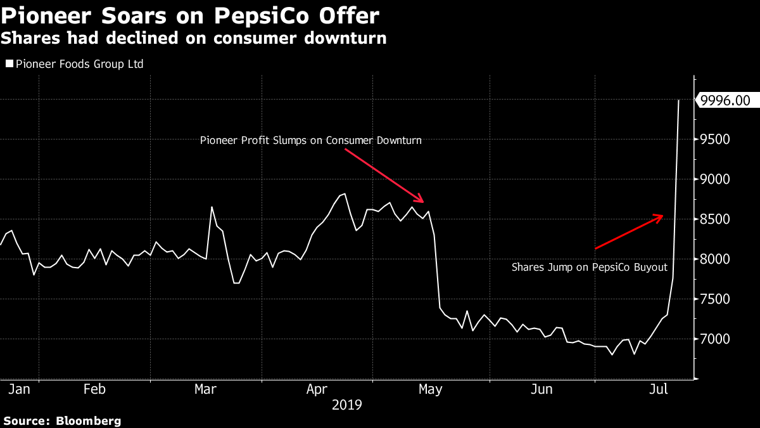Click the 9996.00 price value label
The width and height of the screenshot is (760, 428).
coord(726,100)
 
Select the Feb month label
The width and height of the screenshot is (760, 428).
coord(94,389)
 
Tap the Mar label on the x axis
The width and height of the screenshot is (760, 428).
coord(206,389)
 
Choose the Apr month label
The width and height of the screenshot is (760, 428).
coord(317,389)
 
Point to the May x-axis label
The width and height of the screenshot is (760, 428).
coord(430,389)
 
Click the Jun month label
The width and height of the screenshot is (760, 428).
coord(542,389)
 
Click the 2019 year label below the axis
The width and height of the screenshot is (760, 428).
coord(347,404)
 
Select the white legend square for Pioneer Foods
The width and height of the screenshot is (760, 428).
coord(9,64)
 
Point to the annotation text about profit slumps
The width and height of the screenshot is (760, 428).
coord(310,140)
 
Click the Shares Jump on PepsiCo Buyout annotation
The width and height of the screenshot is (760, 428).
coord(590,268)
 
